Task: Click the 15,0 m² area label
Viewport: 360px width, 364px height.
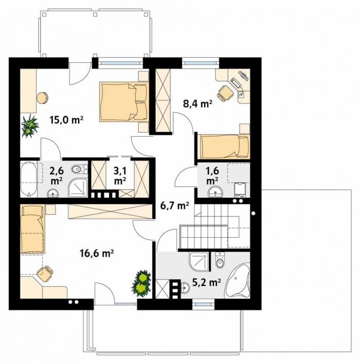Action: coord(66,120)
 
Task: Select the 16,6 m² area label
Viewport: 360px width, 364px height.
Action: coord(96,253)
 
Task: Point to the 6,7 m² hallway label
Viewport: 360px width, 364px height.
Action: coord(175,205)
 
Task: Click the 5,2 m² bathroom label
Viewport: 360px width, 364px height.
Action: coord(207,282)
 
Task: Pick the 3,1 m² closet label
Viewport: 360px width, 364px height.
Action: coord(120,176)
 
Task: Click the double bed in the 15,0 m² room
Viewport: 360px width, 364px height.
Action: coord(124,101)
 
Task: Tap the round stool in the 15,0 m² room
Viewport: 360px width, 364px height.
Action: coord(42,98)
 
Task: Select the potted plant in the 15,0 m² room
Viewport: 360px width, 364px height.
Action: coord(30,126)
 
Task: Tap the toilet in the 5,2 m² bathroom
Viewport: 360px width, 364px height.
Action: coord(220,260)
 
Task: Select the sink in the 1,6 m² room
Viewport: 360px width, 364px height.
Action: coord(215,192)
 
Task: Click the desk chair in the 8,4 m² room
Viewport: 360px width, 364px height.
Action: coord(225,93)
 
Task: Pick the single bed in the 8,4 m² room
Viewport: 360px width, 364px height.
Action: coord(225,147)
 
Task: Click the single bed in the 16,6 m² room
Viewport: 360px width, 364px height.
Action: coord(32,229)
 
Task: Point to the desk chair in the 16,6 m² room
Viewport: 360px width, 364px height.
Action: coord(45,274)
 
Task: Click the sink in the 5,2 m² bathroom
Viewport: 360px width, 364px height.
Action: coord(185,288)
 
